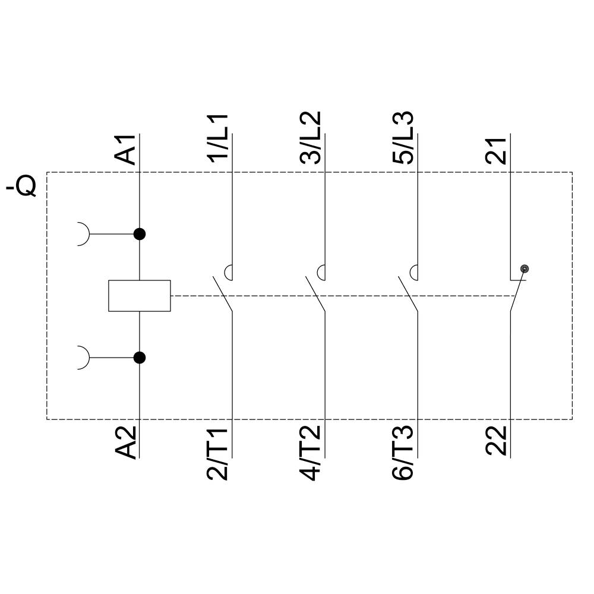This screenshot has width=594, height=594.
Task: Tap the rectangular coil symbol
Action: pyautogui.click(x=140, y=295)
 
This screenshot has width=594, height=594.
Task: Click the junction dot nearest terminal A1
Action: pyautogui.click(x=140, y=234)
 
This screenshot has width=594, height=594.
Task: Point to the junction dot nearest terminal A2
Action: pyautogui.click(x=140, y=358)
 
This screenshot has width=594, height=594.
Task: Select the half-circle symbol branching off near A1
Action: pyautogui.click(x=84, y=234)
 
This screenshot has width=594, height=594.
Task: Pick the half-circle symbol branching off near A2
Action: pyautogui.click(x=84, y=358)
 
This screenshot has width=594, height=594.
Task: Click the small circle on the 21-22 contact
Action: pyautogui.click(x=524, y=269)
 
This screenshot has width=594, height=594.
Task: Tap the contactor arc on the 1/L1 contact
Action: pyautogui.click(x=229, y=272)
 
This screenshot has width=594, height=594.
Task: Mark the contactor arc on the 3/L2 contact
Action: pyautogui.click(x=321, y=272)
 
